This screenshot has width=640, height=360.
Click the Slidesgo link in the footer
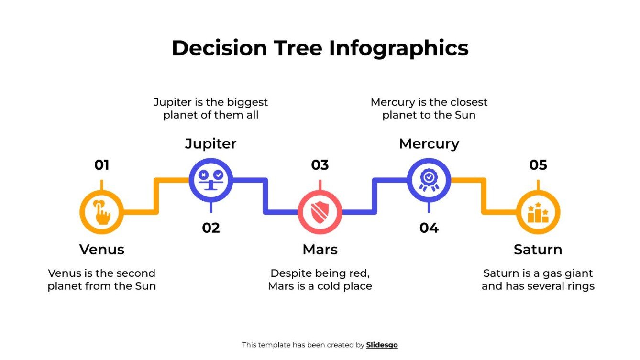(x=382, y=345)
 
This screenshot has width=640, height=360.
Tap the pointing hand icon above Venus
(x=101, y=212)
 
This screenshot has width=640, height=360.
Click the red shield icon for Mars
(x=320, y=212)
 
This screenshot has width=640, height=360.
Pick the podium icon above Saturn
(x=538, y=212)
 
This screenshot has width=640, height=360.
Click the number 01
(x=101, y=165)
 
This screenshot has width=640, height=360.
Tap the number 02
(x=210, y=228)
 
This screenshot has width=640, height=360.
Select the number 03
(x=320, y=165)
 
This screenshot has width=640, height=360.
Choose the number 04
(x=429, y=228)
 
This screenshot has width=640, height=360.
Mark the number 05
(x=538, y=165)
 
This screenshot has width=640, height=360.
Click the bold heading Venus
(x=101, y=250)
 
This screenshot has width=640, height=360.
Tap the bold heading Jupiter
(x=210, y=143)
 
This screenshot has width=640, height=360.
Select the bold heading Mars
(x=320, y=250)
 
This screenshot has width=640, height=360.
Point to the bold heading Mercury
(x=429, y=143)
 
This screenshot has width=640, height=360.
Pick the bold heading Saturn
(x=538, y=250)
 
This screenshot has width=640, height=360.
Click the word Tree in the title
(x=298, y=48)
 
